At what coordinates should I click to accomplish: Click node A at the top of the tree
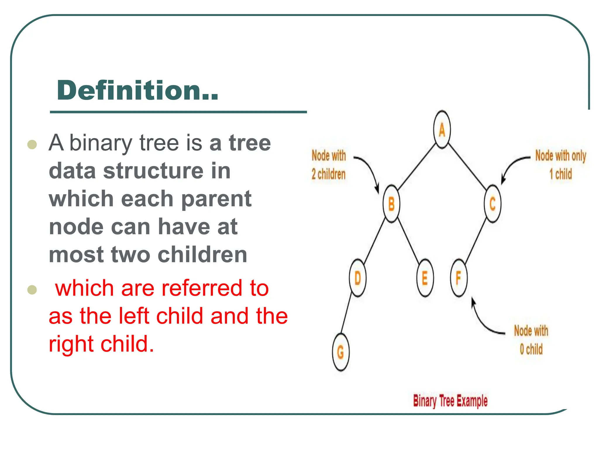click(442, 129)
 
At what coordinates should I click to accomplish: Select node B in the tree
click(391, 204)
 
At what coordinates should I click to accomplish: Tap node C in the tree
click(493, 204)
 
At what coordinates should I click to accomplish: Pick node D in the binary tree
click(358, 278)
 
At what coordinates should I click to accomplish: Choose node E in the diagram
click(425, 278)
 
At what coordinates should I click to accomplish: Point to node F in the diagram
click(459, 278)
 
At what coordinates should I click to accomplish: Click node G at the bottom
click(341, 352)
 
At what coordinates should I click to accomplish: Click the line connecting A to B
click(416, 167)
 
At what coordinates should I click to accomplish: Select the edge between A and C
click(467, 167)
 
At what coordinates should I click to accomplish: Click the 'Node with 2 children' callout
click(329, 165)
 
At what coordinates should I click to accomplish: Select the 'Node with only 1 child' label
click(561, 165)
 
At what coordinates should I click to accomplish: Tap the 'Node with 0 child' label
click(531, 340)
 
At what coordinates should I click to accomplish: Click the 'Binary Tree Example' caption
click(450, 401)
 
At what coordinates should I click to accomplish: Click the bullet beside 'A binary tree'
click(32, 144)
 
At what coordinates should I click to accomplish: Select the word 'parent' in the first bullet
click(216, 199)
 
